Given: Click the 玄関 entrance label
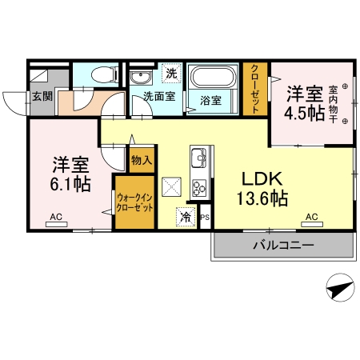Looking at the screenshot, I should (42, 97).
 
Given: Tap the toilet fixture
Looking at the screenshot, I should (101, 75).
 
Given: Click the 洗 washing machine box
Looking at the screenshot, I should (171, 73).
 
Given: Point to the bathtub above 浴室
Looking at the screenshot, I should (212, 79).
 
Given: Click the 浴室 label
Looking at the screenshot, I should (211, 101).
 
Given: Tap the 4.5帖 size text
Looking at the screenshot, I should (305, 113).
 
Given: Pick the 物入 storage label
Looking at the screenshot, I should (142, 161).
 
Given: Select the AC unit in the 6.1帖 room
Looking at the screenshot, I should (57, 224).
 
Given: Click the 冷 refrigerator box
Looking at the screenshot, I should (186, 217).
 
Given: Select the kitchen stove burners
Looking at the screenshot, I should (198, 189).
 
